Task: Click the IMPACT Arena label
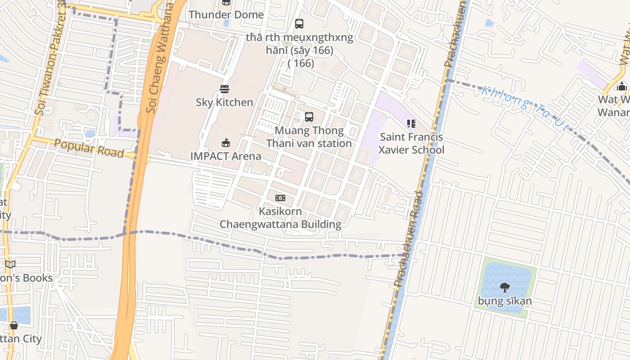(x=225, y=156)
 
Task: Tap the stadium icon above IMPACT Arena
(x=225, y=143)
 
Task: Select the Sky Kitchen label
(x=224, y=102)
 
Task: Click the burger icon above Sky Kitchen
(x=224, y=89)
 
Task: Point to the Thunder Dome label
(x=226, y=14)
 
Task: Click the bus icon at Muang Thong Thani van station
(x=309, y=117)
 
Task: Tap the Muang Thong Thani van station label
(x=309, y=137)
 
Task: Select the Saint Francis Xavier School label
(x=411, y=143)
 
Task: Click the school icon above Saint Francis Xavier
(x=411, y=123)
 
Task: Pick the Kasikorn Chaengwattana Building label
(x=280, y=218)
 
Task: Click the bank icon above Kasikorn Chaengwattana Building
(x=280, y=198)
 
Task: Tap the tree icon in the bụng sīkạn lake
(x=504, y=287)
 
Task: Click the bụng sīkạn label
(x=504, y=301)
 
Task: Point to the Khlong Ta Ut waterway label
(x=525, y=108)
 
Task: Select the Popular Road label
(x=89, y=148)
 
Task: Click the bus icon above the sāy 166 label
(x=299, y=24)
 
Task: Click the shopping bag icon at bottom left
(x=14, y=325)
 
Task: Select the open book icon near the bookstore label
(x=10, y=264)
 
